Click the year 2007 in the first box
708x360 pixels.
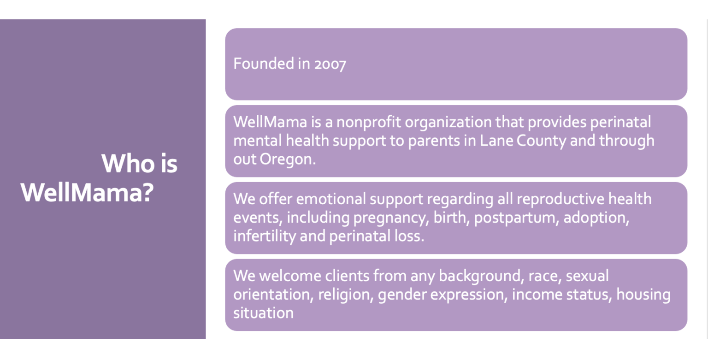[330, 64]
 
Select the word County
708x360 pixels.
[541, 142]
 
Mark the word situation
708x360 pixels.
[263, 313]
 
